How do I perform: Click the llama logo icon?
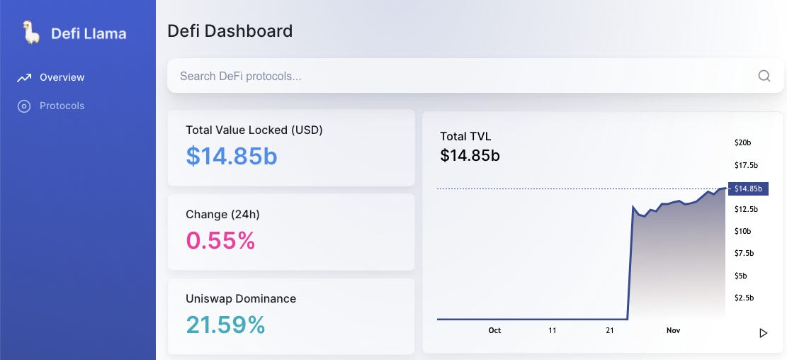pos(30,33)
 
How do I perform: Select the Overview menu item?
pos(62,77)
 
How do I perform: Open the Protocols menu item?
pos(62,106)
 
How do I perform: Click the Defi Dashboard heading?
pos(230,31)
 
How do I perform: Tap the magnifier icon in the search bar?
pos(764,76)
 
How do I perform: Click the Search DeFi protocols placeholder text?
pos(240,76)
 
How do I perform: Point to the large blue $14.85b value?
pos(232,156)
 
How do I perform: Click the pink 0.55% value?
pos(220,240)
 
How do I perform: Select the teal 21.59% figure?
pos(225,325)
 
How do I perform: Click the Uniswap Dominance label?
pos(241,298)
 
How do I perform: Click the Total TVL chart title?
pos(465,136)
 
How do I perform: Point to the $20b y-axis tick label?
pos(742,142)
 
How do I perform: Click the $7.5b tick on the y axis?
pos(744,253)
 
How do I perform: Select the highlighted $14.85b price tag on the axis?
pos(747,189)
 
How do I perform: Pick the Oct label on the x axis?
pos(494,330)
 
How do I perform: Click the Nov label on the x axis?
pos(673,330)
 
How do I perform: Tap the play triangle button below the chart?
pos(763,333)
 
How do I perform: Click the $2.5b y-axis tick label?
pos(744,298)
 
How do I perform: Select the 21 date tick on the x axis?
pos(610,330)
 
